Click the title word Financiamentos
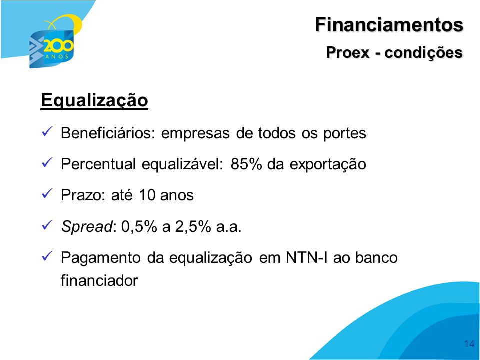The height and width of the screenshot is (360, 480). pos(389,24)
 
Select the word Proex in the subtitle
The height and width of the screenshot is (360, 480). pos(348,52)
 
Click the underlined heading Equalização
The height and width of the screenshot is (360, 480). pos(94,100)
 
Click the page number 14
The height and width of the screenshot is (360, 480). pos(469,344)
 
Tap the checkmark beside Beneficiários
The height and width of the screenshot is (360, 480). pos(47,132)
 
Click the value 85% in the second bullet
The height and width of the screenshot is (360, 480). pos(246,164)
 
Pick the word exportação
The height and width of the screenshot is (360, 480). pos(328,164)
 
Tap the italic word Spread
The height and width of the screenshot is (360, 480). pos(87,227)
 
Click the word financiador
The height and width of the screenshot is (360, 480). pos(99,280)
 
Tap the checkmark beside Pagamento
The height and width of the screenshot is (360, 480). pos(47,256)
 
